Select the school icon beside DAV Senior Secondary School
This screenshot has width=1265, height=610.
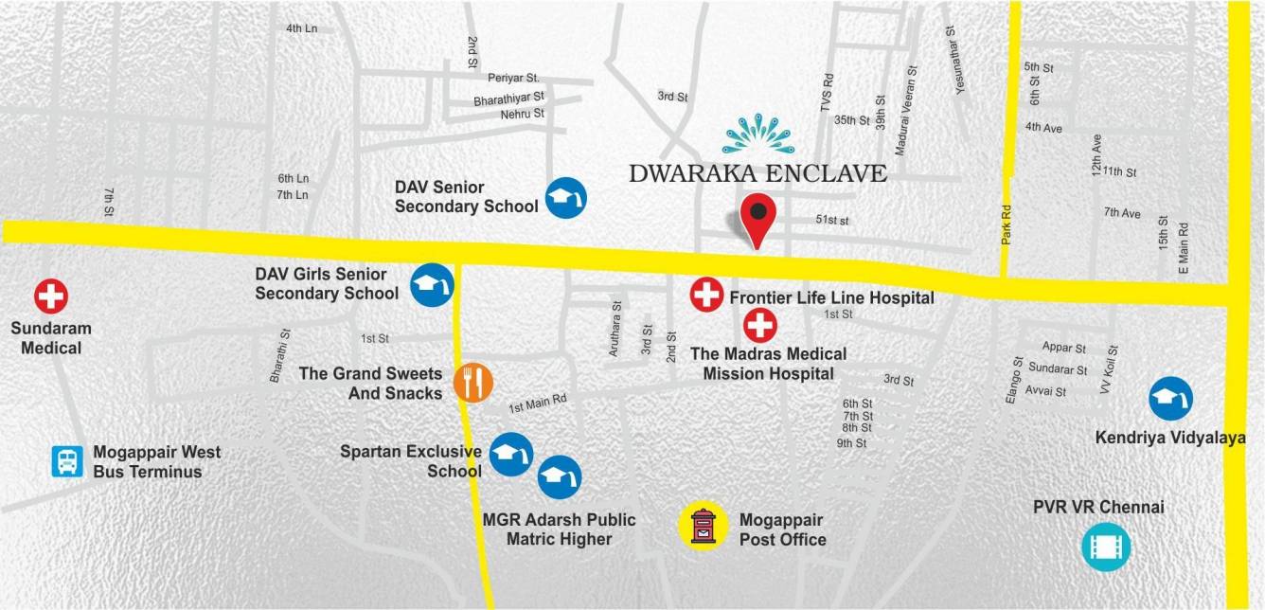click(x=565, y=198)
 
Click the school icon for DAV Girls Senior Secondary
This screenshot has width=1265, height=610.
click(x=432, y=284)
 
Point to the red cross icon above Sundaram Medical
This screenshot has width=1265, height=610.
click(x=51, y=296)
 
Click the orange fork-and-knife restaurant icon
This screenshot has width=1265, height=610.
click(x=473, y=383)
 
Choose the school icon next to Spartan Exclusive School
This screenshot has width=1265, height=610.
click(x=512, y=454)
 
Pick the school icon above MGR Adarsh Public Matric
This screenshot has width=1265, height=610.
click(x=560, y=477)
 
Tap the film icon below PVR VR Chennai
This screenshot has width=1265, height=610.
click(x=1106, y=547)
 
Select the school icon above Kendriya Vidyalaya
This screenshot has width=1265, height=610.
click(x=1171, y=399)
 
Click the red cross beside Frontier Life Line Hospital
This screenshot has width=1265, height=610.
click(x=706, y=296)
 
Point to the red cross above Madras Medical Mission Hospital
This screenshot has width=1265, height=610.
click(x=759, y=326)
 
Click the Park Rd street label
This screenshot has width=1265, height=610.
click(x=1007, y=225)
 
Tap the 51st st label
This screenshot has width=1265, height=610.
click(x=832, y=221)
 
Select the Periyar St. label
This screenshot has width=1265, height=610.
click(x=513, y=78)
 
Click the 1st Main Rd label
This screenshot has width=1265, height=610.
click(x=537, y=404)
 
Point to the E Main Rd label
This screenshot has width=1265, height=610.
click(x=1183, y=248)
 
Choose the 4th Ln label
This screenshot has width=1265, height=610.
click(x=301, y=28)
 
